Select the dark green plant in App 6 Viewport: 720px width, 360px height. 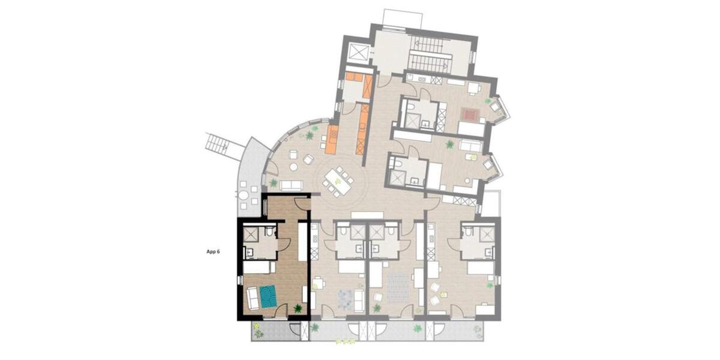pos(298,309)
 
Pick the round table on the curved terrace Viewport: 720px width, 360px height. pos(242,196)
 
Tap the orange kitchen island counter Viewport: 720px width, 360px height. pos(331,137)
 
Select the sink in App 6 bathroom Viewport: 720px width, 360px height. pos(251,253)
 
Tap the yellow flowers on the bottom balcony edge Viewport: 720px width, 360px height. pos(345,341)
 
